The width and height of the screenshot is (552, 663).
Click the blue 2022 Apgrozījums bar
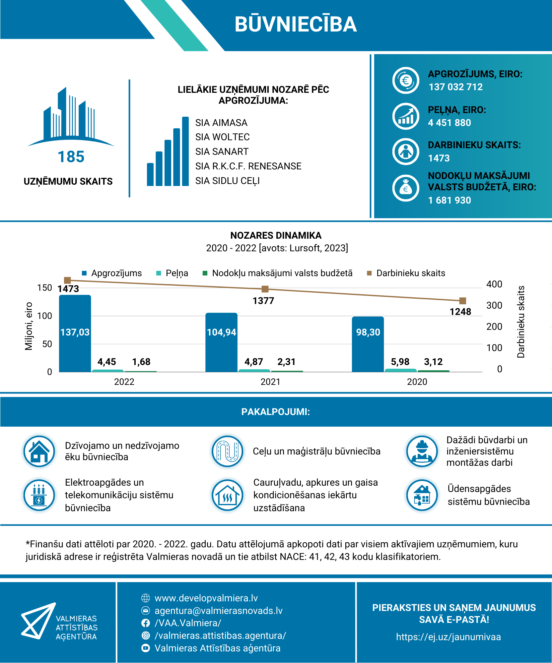tap(75, 333)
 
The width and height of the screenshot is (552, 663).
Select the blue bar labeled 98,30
tap(368, 344)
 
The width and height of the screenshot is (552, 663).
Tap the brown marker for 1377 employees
tap(265, 289)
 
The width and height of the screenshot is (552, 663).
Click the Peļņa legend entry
tap(172, 273)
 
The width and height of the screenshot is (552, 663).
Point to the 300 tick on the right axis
tap(494, 305)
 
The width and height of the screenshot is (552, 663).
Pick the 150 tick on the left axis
tap(44, 287)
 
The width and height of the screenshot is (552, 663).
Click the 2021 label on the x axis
tap(270, 382)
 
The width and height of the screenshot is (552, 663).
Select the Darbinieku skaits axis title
tap(521, 322)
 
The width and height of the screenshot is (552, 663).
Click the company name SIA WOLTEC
tap(222, 137)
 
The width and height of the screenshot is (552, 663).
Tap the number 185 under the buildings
tap(71, 157)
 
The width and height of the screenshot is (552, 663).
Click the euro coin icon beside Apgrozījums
tap(406, 81)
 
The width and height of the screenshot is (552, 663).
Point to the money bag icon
tap(406, 188)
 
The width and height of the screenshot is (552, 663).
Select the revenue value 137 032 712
tap(455, 87)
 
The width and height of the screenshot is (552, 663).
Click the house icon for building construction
tap(39, 451)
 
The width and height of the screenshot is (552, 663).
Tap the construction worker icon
tap(422, 451)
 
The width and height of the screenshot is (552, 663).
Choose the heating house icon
tap(228, 495)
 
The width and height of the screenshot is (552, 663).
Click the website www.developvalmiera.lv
tap(206, 598)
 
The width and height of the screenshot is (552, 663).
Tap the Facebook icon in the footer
tap(146, 623)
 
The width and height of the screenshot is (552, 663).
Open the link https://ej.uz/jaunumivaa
tap(448, 637)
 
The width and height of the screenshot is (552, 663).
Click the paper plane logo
tap(38, 621)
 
